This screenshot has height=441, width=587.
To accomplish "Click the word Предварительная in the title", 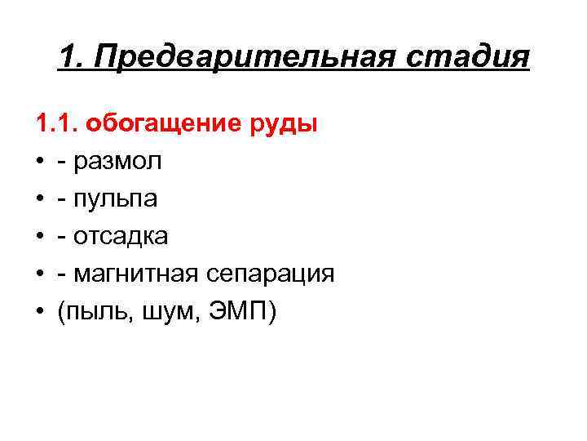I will [x=249, y=59].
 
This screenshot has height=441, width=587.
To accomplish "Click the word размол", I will [x=117, y=162].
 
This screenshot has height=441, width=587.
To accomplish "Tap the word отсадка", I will [x=121, y=237].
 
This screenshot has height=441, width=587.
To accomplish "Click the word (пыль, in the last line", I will [x=89, y=311].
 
